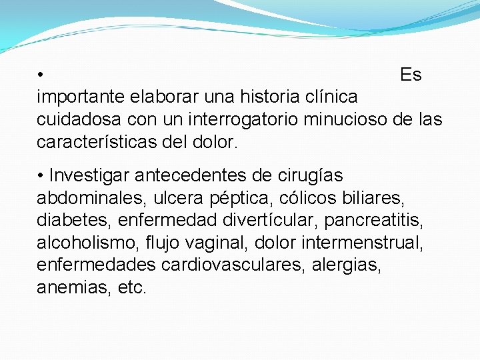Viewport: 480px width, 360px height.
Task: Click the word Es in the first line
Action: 411,75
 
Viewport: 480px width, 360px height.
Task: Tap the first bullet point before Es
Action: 41,75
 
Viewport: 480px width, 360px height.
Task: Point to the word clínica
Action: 334,97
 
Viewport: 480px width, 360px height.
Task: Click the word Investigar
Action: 89,175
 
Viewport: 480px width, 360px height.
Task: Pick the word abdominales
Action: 91,198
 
